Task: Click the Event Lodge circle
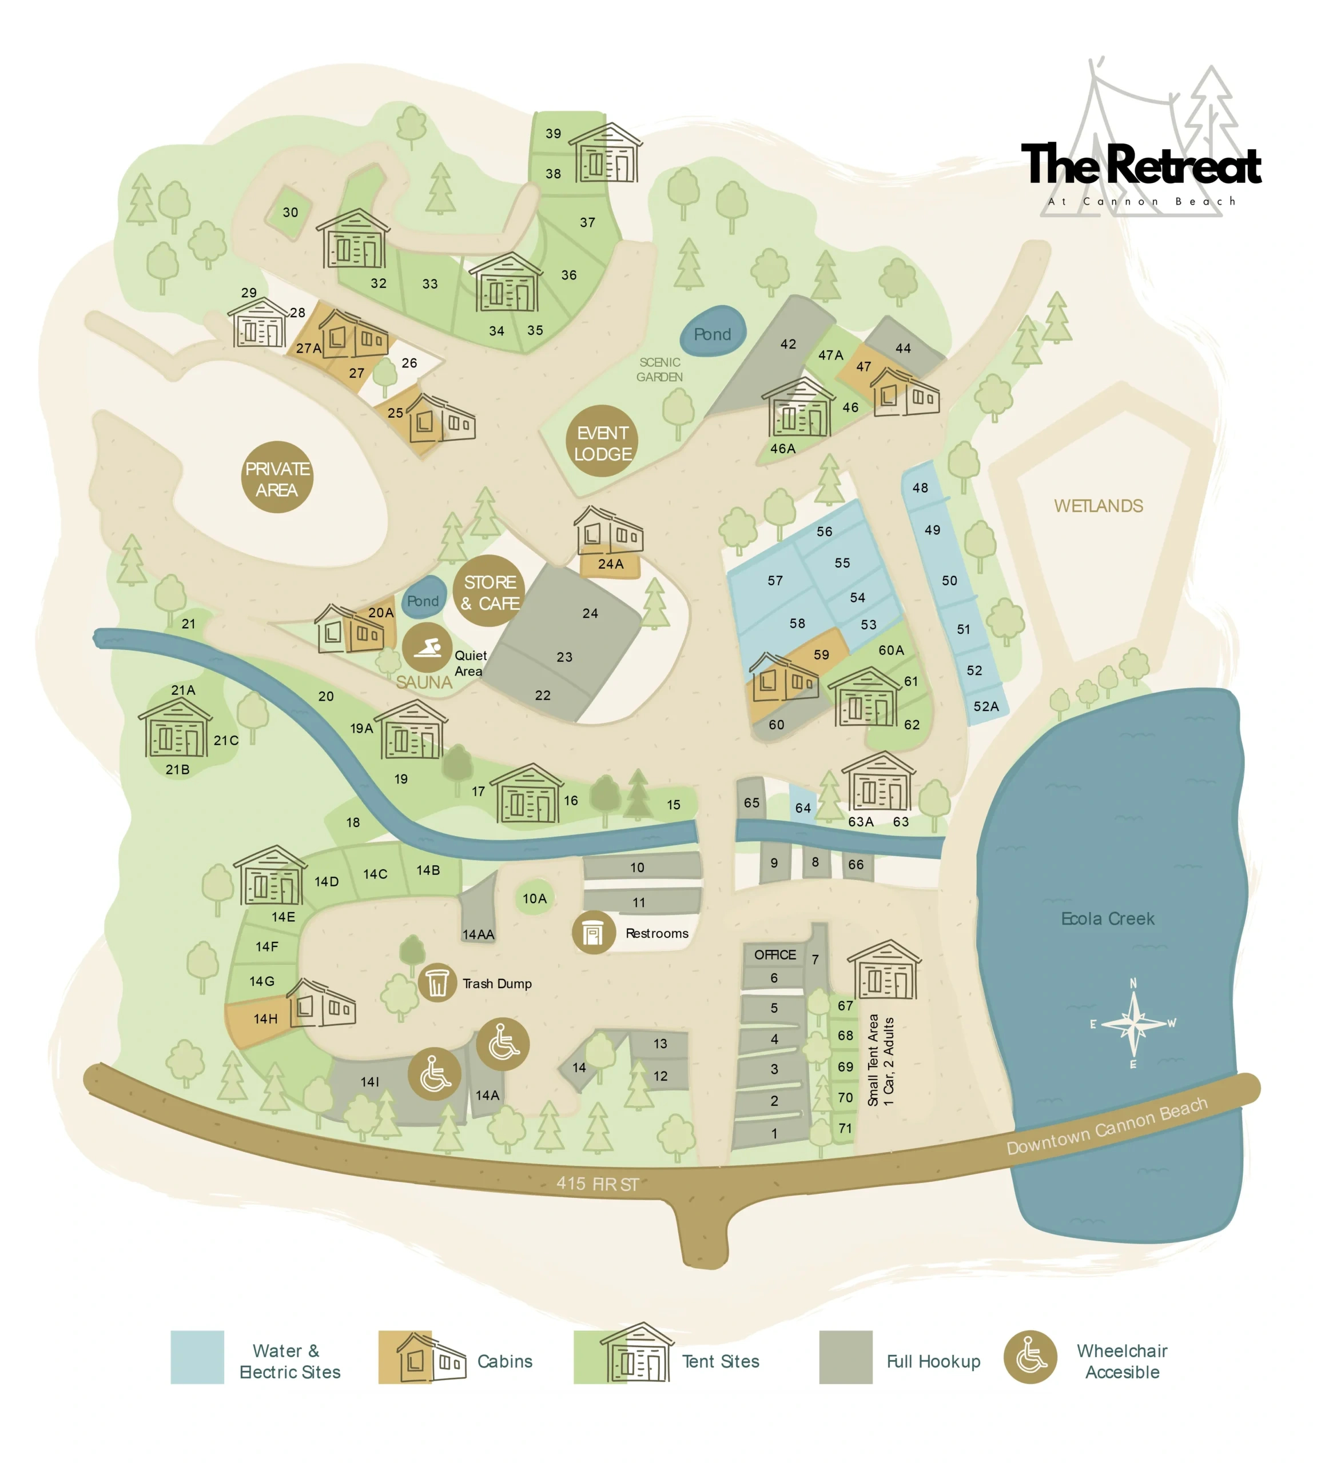pos(602,442)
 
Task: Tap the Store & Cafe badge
pos(490,591)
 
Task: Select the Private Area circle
pos(277,477)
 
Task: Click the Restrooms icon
pos(594,933)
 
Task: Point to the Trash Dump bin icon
pos(437,983)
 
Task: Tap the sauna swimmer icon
pos(428,647)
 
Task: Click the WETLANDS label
pos(1098,506)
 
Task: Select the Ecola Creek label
pos(1107,918)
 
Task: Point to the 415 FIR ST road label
pos(597,1184)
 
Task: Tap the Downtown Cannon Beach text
pos(1107,1126)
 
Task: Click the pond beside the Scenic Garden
pos(713,333)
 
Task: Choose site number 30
pos(290,212)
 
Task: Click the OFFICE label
pos(774,954)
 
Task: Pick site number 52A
pos(985,706)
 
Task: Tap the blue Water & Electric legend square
pos(197,1357)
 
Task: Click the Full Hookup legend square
pos(845,1357)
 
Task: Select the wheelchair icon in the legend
pos(1030,1357)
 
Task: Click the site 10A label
pos(534,898)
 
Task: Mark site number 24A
pos(610,564)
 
